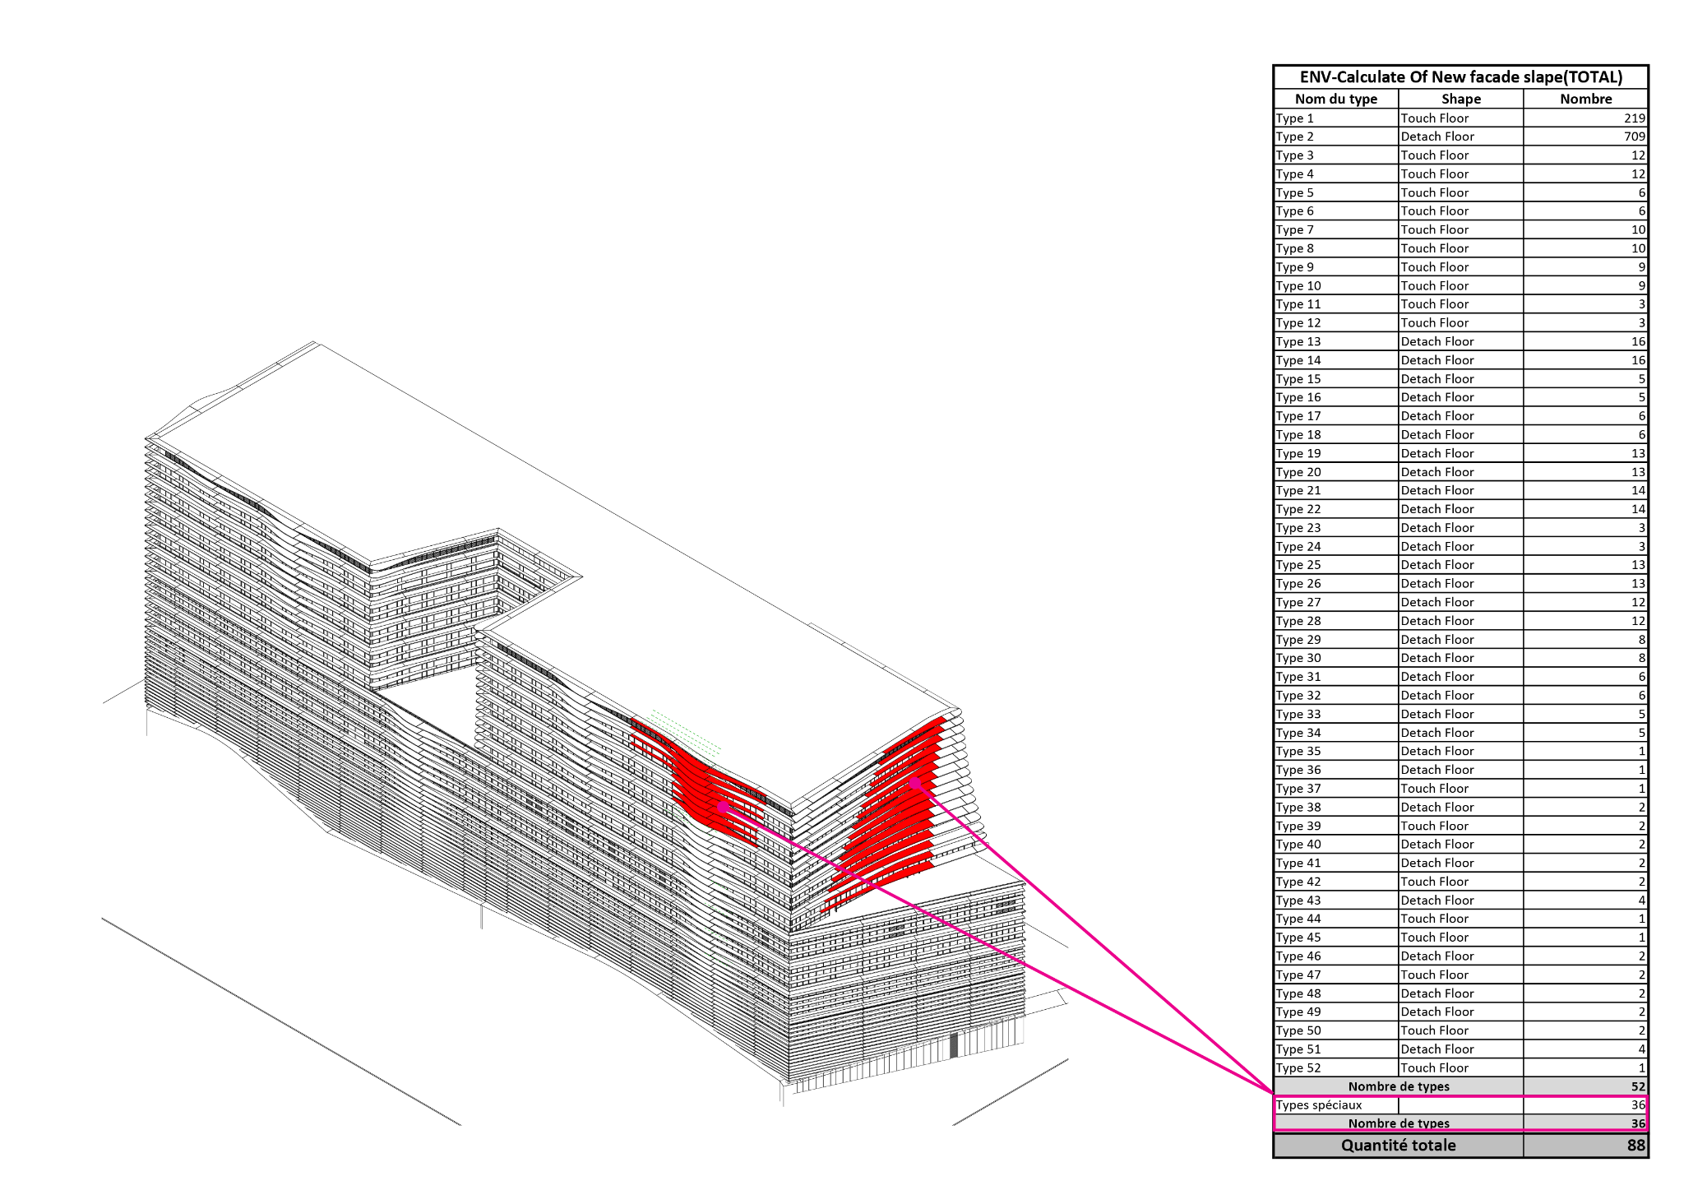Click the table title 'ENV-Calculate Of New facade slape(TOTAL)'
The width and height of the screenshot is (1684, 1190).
pyautogui.click(x=1460, y=77)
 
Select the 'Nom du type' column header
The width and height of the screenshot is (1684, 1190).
pyautogui.click(x=1336, y=99)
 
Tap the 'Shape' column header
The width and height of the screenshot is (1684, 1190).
pyautogui.click(x=1461, y=99)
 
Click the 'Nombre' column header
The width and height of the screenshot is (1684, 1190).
pyautogui.click(x=1586, y=99)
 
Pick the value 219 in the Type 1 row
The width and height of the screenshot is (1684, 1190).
pyautogui.click(x=1635, y=118)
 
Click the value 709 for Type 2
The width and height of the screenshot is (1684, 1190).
pyautogui.click(x=1635, y=137)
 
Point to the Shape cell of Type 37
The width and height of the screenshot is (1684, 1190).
pyautogui.click(x=1435, y=789)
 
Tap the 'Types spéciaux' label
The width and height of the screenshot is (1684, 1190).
pyautogui.click(x=1319, y=1105)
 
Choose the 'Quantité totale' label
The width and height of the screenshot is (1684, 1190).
pyautogui.click(x=1398, y=1146)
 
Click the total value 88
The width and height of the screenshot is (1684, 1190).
pyautogui.click(x=1636, y=1146)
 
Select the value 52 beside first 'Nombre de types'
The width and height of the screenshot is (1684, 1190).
pyautogui.click(x=1639, y=1086)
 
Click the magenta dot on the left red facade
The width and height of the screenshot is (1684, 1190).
pyautogui.click(x=723, y=808)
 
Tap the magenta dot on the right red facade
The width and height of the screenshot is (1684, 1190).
pyautogui.click(x=914, y=783)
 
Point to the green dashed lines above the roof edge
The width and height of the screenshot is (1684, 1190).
pyautogui.click(x=687, y=731)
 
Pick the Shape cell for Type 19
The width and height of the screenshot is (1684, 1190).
pyautogui.click(x=1437, y=453)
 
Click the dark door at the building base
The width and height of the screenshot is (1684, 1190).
pyautogui.click(x=954, y=1045)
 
